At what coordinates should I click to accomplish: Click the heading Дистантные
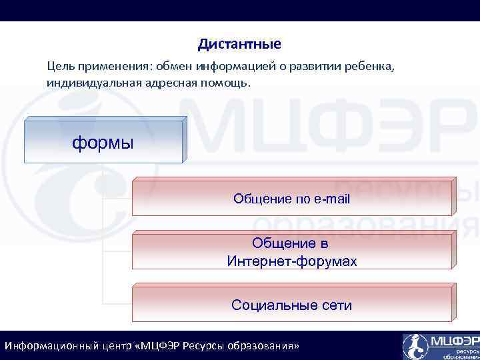239,45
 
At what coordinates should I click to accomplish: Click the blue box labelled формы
103,142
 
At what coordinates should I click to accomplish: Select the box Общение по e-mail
292,199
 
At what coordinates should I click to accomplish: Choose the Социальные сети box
292,305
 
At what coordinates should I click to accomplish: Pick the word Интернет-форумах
292,261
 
